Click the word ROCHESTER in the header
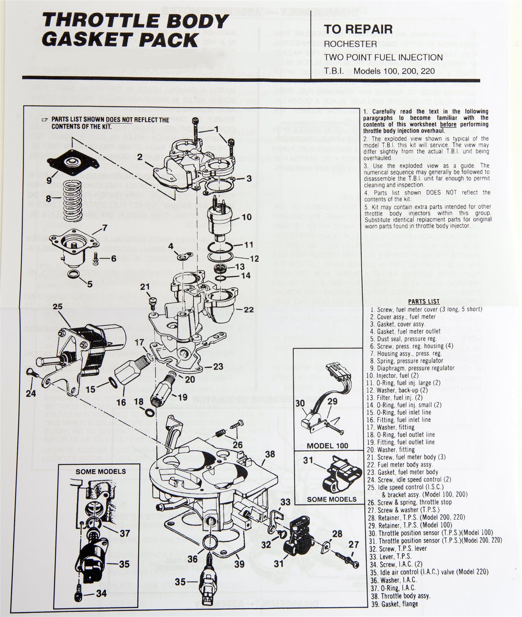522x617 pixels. click(350, 44)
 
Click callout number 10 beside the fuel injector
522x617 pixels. click(246, 217)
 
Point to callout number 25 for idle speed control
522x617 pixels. click(57, 307)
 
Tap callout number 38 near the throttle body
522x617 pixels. click(270, 454)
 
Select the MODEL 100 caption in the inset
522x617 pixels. click(327, 446)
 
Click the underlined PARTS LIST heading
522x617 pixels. click(424, 301)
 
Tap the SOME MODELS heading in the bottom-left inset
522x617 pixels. click(101, 471)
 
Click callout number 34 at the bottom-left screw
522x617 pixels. click(101, 593)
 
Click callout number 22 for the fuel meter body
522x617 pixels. click(249, 310)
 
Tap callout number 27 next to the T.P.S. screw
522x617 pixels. click(354, 545)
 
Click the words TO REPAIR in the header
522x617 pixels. click(358, 29)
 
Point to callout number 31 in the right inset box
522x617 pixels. click(308, 460)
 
